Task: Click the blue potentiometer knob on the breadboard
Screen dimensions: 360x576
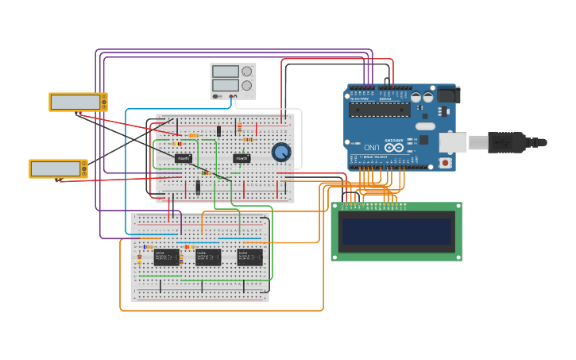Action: pos(280,152)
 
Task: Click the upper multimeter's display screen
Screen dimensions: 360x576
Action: pos(74,102)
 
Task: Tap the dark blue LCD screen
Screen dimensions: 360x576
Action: pos(396,231)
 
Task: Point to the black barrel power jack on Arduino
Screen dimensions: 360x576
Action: pos(448,95)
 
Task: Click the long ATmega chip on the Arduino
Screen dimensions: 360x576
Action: pos(380,109)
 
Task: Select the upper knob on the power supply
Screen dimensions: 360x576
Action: pos(246,72)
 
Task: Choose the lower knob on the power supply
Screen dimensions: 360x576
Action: pos(246,85)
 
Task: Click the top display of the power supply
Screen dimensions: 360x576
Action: pos(226,72)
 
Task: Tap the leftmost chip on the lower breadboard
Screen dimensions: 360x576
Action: pos(166,257)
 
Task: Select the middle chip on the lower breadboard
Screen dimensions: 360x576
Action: pos(208,257)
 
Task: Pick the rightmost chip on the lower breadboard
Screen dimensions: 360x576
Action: pos(249,257)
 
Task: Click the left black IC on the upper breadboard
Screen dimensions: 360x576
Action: pos(184,159)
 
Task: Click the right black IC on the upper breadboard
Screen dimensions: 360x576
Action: pos(242,159)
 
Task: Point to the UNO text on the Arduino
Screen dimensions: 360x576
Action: pos(372,148)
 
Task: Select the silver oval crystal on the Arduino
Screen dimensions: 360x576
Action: pos(426,126)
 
